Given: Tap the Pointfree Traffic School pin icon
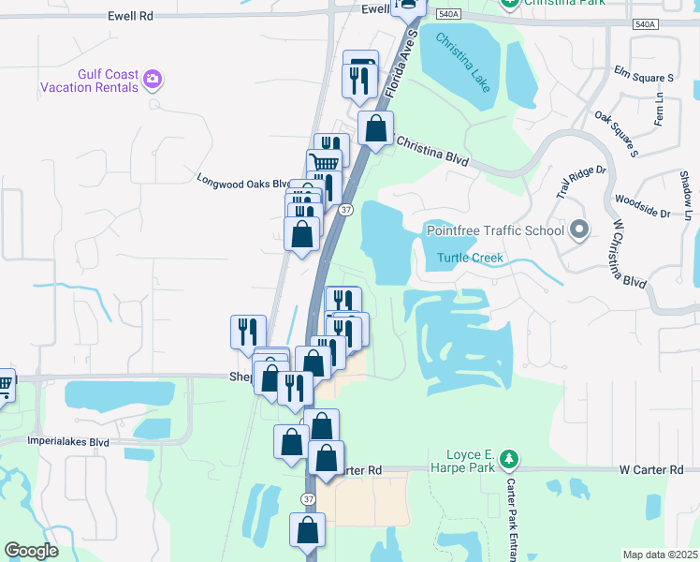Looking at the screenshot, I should coord(579,229).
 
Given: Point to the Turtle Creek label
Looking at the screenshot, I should coord(470,258).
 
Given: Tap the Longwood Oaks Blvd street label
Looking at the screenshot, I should coord(241,182).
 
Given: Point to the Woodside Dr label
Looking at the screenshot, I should coord(641,207).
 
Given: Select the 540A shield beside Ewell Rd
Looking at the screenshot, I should coord(447,15).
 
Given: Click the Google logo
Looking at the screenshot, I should coord(32,551).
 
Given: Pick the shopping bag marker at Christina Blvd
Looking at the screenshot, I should coord(375,129).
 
